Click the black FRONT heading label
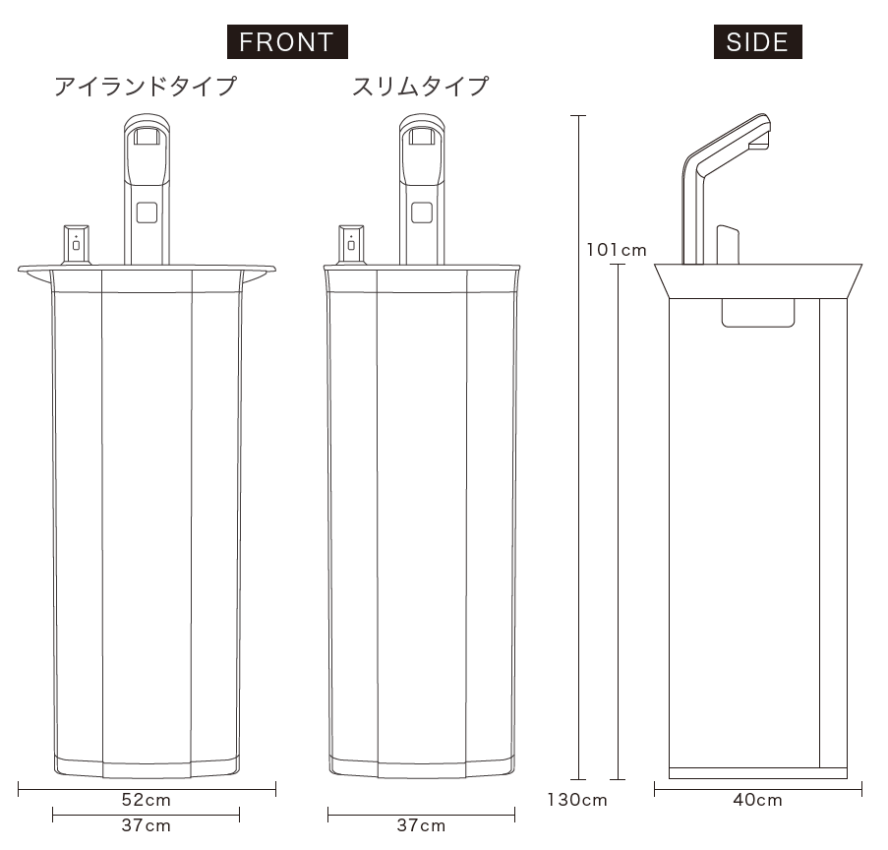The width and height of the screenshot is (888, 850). [287, 42]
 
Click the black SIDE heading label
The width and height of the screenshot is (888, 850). [757, 42]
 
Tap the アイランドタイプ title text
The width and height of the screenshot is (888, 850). [146, 87]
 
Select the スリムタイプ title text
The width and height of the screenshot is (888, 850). [420, 87]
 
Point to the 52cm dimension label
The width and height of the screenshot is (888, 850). [147, 798]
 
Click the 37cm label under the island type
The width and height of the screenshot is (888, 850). [147, 825]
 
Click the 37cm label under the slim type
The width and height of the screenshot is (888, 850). [421, 825]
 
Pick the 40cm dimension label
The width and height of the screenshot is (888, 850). [757, 800]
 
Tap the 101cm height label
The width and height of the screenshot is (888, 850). [617, 250]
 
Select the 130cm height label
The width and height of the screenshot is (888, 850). [577, 800]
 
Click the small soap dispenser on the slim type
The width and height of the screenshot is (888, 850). [351, 243]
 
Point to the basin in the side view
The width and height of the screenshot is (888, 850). [758, 280]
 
